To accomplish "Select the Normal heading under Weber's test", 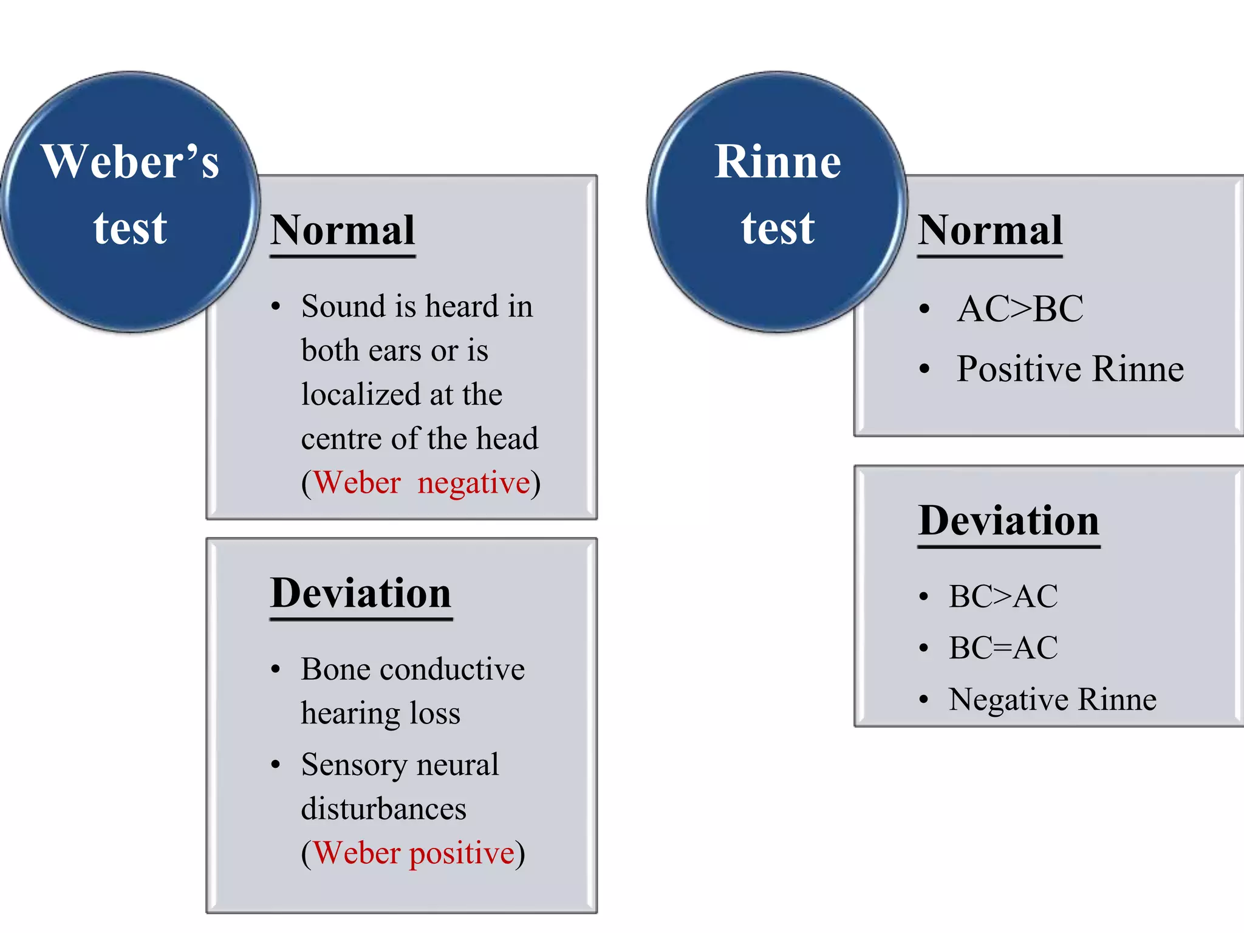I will coord(343,230).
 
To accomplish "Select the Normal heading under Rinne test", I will coord(990,230).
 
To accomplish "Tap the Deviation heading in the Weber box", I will coord(361,593).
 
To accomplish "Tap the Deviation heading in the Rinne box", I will coord(1008,521).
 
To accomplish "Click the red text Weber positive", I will coord(414,853).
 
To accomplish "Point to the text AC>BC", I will coord(1020,309).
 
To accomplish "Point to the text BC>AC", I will coord(1003,596).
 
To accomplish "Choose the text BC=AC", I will coord(1003,648).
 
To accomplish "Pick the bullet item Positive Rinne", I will coord(1070,369).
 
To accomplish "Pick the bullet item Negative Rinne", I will coord(1052,699).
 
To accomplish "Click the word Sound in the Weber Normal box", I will coord(343,306).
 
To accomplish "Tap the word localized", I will coord(361,394).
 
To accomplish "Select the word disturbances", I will coord(383,809).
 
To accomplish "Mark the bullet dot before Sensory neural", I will coord(276,765).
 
